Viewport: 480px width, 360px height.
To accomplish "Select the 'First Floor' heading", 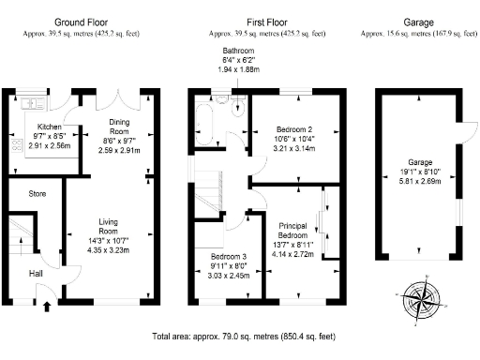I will tap(267, 20).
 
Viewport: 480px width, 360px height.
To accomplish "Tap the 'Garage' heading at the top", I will tap(417, 20).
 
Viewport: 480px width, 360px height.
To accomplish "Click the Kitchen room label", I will tap(49, 126).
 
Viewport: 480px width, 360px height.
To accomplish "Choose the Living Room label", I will tap(109, 226).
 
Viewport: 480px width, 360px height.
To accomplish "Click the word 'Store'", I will tap(37, 194).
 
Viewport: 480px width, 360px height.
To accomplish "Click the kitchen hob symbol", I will tap(16, 147).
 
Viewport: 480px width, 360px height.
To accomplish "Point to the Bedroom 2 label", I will tap(295, 128).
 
